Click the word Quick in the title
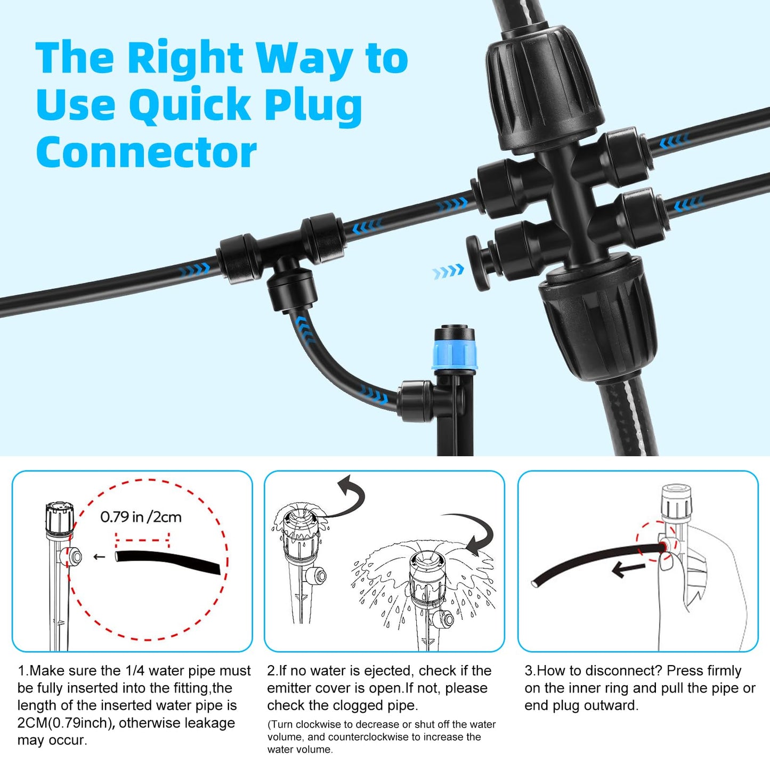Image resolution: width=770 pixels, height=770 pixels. click(x=190, y=105)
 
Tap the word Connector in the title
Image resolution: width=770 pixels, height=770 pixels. click(x=146, y=152)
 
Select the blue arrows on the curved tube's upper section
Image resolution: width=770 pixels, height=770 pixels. click(x=306, y=330)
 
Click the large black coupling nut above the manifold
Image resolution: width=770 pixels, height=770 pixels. click(x=544, y=90)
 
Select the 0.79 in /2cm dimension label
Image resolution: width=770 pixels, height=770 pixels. click(x=141, y=517)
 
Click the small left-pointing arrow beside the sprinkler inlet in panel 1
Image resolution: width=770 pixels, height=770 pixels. click(x=99, y=557)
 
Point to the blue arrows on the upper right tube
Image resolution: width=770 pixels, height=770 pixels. click(x=674, y=141)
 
